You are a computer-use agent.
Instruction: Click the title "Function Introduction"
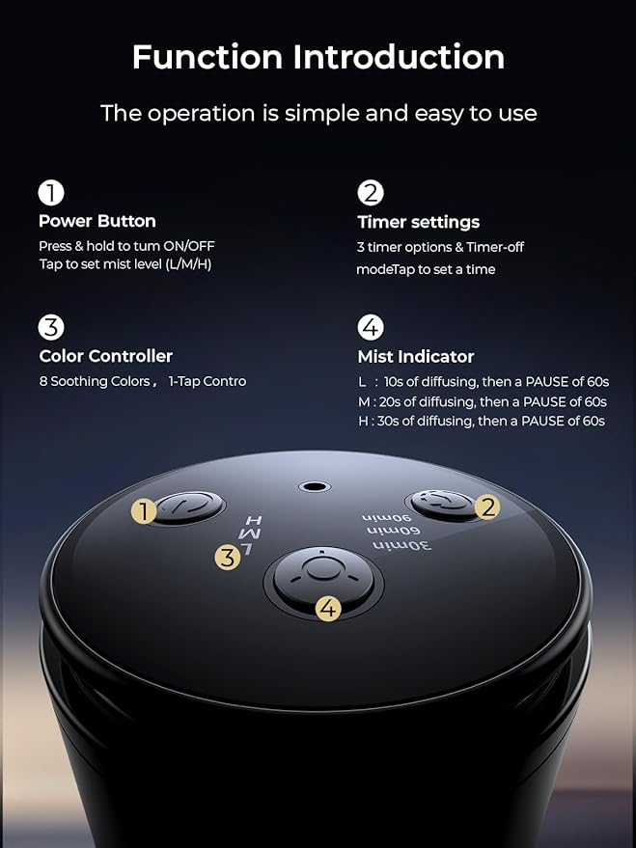click(x=318, y=57)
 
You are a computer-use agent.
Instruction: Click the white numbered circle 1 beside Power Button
click(x=51, y=193)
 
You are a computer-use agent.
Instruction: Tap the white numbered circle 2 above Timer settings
click(x=371, y=193)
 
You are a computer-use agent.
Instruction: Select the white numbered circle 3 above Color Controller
click(x=51, y=327)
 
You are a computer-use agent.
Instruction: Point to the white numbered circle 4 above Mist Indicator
click(x=371, y=327)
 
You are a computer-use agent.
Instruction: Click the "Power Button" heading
click(x=97, y=221)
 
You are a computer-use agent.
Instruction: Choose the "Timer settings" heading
click(x=418, y=222)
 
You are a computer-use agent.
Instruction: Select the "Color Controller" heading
click(x=105, y=356)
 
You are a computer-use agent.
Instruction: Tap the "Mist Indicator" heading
click(x=416, y=357)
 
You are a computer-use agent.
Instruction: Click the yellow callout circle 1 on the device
click(x=145, y=511)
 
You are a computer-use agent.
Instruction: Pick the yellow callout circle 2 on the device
click(x=488, y=506)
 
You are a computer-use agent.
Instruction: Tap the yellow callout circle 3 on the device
click(x=228, y=557)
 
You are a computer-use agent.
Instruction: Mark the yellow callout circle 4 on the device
click(x=328, y=609)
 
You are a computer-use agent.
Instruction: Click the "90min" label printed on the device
click(x=379, y=518)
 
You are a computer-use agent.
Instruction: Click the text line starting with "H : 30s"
click(x=481, y=421)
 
